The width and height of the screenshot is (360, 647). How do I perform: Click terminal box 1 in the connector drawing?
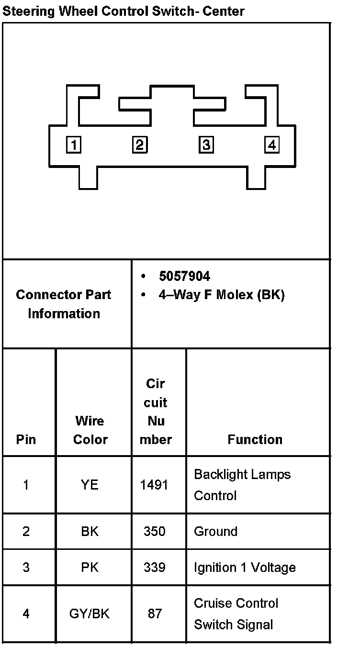73,145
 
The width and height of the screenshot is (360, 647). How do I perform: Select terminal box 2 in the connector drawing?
140,145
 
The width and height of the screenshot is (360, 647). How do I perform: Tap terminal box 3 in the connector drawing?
206,145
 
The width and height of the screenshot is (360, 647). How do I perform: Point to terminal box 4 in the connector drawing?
272,145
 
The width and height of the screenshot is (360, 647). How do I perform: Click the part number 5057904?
184,276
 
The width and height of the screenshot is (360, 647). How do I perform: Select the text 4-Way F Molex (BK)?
221,295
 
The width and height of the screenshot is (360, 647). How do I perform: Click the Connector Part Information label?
64,304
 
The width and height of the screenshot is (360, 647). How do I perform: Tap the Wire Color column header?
90,430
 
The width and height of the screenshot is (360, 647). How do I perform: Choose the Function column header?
255,439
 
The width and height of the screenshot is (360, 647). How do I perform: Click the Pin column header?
26,439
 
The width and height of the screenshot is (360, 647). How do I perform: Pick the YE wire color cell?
90,485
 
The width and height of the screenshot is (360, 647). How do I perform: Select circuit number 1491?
154,485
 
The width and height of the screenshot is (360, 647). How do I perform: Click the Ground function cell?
215,531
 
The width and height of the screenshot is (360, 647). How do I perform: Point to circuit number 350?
155,531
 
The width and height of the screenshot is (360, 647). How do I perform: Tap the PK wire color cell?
90,568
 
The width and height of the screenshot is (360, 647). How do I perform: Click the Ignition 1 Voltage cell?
245,568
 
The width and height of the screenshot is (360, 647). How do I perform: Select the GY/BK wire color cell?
90,614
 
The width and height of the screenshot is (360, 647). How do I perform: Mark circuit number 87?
155,614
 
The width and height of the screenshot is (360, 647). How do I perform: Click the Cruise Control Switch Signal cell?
236,614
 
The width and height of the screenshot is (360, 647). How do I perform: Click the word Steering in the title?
28,11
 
